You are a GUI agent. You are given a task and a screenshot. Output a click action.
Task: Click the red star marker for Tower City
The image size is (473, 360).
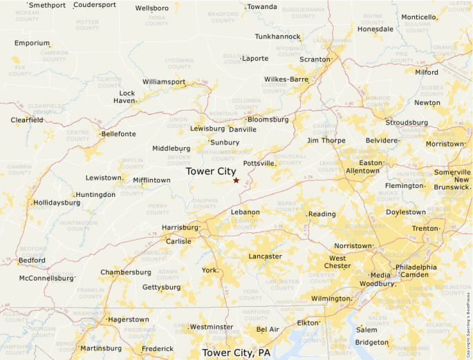pos(236,180)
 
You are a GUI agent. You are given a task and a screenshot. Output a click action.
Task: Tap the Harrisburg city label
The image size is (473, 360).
pos(180,227)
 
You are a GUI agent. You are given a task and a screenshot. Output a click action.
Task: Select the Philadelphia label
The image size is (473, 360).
pos(416,267)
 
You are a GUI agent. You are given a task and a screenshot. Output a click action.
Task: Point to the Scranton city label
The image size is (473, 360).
pos(315,59)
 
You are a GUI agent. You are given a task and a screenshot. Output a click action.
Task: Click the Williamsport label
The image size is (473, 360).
pos(164,82)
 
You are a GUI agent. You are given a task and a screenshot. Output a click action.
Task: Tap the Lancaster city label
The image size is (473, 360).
pos(265,256)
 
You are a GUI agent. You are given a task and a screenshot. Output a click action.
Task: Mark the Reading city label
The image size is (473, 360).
pos(322,214)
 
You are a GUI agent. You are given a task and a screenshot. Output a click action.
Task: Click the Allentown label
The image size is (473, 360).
pos(362,171)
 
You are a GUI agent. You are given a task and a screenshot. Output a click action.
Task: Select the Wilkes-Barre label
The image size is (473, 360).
pos(286,79)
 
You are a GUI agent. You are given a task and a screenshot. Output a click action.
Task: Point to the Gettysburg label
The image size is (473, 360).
pos(161,287)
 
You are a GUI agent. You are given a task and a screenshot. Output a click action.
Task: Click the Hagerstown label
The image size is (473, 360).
pos(128,320)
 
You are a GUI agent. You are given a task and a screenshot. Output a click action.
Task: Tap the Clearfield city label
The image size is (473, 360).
pos(27,120)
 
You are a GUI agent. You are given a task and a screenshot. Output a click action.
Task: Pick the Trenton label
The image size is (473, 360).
pos(425,228)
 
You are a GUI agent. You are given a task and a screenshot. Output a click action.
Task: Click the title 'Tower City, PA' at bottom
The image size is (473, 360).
pos(236,353)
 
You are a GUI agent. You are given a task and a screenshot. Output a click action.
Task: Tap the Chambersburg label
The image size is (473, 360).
pos(126,272)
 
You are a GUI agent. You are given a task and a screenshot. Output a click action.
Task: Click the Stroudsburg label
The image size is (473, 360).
pos(407,122)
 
